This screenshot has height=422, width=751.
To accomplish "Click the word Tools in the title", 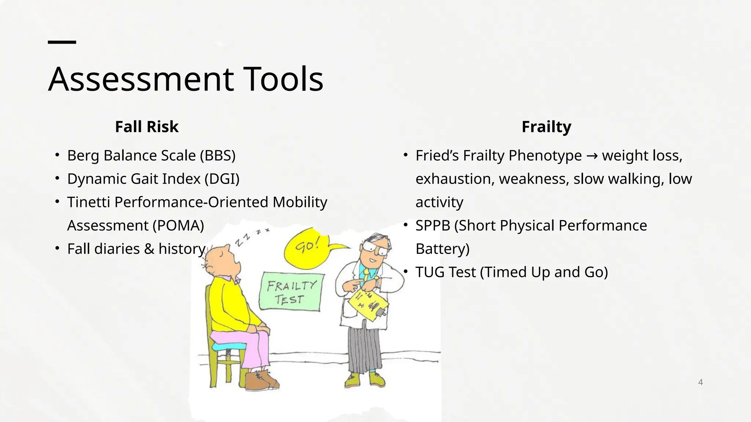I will (x=283, y=79).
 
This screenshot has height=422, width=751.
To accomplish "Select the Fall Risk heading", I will (x=147, y=127).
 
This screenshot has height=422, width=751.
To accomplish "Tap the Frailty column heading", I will (x=546, y=127).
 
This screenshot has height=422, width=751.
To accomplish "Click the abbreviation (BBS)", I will (x=217, y=155).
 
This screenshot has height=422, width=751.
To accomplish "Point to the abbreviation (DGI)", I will (x=222, y=179).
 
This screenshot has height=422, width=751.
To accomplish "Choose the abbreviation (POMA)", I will (x=178, y=225).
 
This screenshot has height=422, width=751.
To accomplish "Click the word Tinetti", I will (x=88, y=202).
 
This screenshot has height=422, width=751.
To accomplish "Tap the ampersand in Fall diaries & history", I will (x=149, y=249).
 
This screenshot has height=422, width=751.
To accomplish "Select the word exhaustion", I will (x=455, y=179).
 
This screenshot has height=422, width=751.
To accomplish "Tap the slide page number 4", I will (x=700, y=382).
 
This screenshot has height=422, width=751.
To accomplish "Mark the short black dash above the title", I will (x=62, y=42).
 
